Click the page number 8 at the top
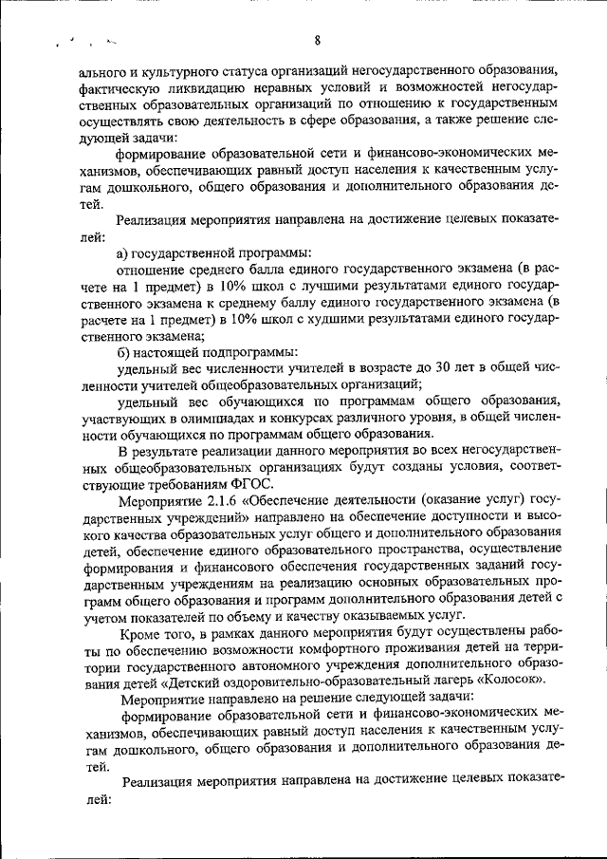click(316, 40)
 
